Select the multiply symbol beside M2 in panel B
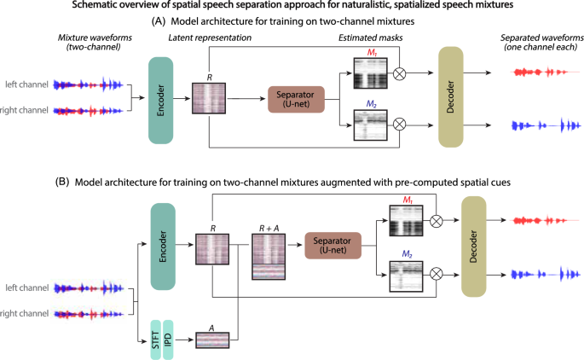click(x=437, y=273)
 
